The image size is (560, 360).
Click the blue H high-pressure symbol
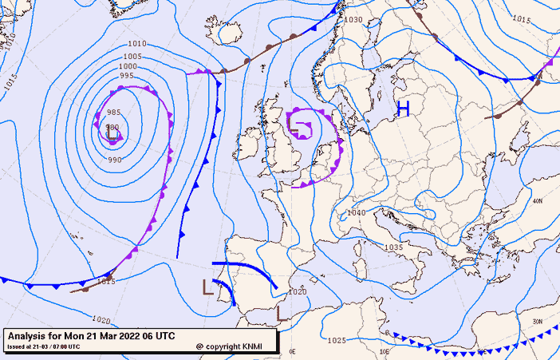[x=403, y=109]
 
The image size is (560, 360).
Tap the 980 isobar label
[x=112, y=128]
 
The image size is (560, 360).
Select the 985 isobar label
[x=113, y=113]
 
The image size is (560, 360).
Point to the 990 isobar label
[x=115, y=160]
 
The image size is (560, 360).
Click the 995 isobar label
[x=126, y=76]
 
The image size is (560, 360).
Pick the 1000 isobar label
[x=128, y=66]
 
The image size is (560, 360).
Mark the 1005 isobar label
[x=132, y=57]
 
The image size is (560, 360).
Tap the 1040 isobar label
[x=357, y=213]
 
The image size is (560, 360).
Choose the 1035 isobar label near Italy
[x=393, y=248]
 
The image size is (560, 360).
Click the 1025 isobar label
[x=337, y=341]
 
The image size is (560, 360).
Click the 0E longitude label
[x=292, y=351]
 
